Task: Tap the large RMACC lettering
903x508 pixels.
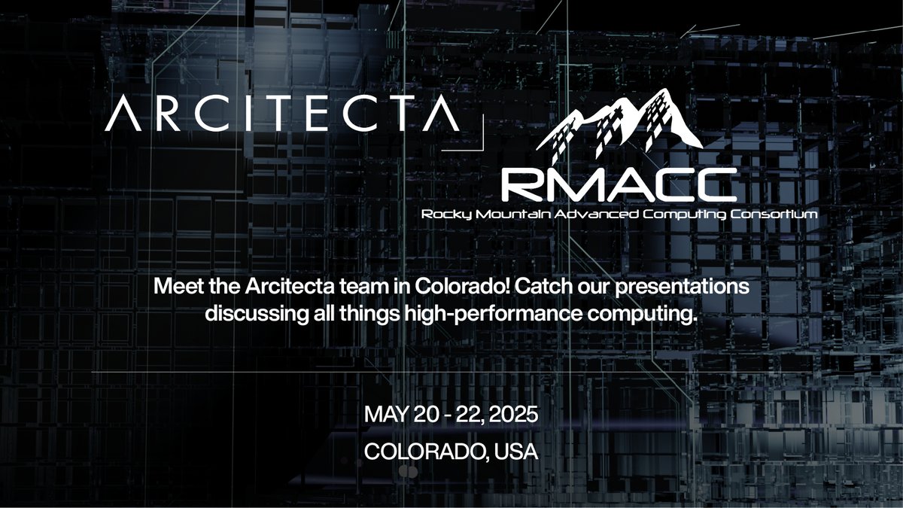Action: click(x=619, y=184)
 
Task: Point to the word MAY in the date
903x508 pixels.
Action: click(x=383, y=416)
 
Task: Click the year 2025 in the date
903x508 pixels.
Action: click(x=511, y=416)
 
